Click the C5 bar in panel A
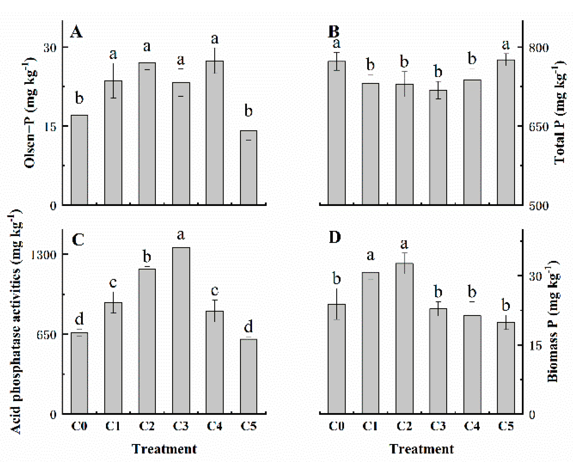click(x=248, y=168)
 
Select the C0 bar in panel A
click(x=79, y=160)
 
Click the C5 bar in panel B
click(x=506, y=132)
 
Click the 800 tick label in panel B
click(x=539, y=48)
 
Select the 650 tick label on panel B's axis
click(x=539, y=127)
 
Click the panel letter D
click(x=335, y=237)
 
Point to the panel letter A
click(x=76, y=32)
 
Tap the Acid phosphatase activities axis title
click(x=16, y=322)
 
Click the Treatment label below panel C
click(x=164, y=449)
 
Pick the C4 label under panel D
click(x=472, y=426)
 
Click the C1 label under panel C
click(x=113, y=426)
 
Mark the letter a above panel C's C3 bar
click(x=181, y=235)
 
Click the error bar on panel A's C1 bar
click(x=113, y=81)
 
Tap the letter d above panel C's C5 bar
click(x=248, y=326)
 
